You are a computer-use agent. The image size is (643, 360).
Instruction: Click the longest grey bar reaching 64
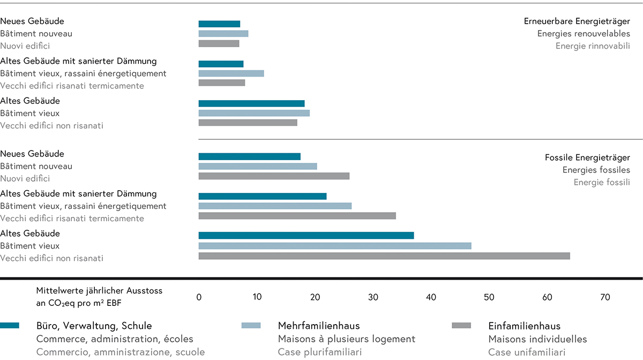(384, 256)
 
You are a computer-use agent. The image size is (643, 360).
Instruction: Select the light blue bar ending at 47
(334, 246)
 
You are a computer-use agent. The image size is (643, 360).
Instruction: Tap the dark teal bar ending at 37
(306, 235)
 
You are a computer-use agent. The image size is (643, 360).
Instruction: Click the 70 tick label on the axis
(605, 297)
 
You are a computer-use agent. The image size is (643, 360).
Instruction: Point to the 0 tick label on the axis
(199, 297)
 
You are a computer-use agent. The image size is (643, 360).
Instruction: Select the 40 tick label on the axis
(431, 297)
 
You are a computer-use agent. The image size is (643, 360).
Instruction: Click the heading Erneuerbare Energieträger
(577, 21)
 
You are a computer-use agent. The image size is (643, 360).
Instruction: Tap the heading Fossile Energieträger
(587, 157)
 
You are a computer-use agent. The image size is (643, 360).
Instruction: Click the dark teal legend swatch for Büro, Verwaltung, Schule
(10, 325)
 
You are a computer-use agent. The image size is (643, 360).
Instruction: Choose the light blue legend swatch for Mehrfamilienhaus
(251, 325)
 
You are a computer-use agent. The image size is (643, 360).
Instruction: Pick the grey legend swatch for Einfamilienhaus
(461, 325)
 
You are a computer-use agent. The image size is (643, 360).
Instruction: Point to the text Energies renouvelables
(584, 34)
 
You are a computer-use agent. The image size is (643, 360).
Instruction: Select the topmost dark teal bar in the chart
(219, 24)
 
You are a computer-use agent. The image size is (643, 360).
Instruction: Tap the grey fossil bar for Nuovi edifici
(274, 176)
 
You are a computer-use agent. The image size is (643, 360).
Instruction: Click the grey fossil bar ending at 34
(297, 215)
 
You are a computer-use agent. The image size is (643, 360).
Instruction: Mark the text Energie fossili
(601, 182)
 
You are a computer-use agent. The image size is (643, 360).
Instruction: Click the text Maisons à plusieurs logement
(346, 339)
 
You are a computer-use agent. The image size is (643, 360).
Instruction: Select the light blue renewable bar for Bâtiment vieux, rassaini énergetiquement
(231, 73)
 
